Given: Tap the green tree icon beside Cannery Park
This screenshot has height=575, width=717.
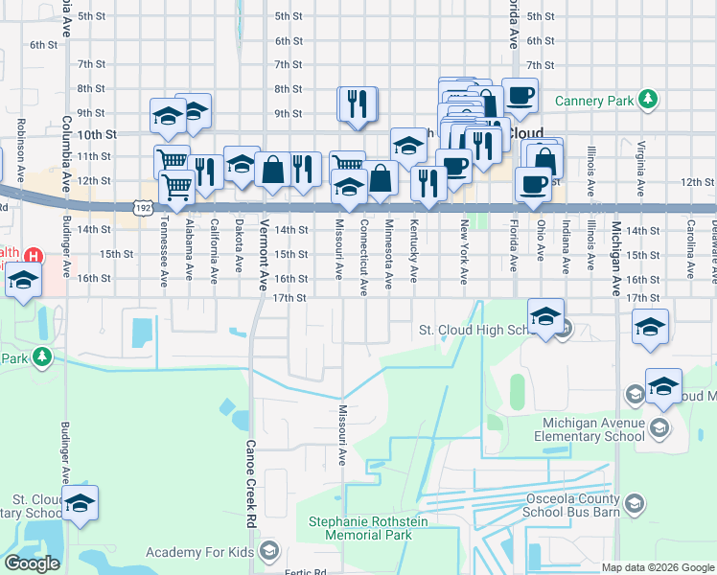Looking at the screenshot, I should [649, 99].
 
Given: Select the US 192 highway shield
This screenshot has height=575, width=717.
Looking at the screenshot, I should [143, 207].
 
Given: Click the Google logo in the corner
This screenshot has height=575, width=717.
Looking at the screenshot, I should [32, 563].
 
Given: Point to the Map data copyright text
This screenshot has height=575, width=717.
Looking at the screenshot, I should [658, 567].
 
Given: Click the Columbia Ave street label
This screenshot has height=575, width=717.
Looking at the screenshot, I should [66, 153].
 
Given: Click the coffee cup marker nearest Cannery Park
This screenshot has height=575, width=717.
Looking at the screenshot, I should [520, 95].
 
